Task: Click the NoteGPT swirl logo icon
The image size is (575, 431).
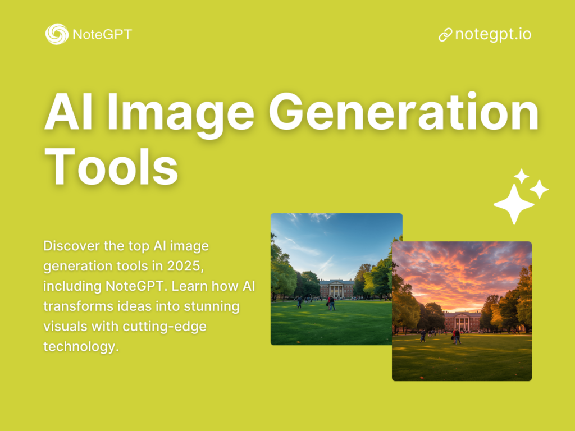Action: pyautogui.click(x=56, y=34)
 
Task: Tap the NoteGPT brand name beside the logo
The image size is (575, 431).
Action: pyautogui.click(x=102, y=35)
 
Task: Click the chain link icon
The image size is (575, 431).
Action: pyautogui.click(x=445, y=35)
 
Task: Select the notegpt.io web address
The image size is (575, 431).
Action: pyautogui.click(x=493, y=34)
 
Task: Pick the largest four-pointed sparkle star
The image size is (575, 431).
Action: pyautogui.click(x=513, y=205)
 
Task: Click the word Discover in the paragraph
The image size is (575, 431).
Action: pyautogui.click(x=71, y=246)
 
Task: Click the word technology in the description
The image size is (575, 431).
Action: pyautogui.click(x=81, y=346)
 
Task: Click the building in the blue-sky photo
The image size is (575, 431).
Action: pyautogui.click(x=336, y=288)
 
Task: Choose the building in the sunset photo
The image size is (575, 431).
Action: pyautogui.click(x=462, y=320)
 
